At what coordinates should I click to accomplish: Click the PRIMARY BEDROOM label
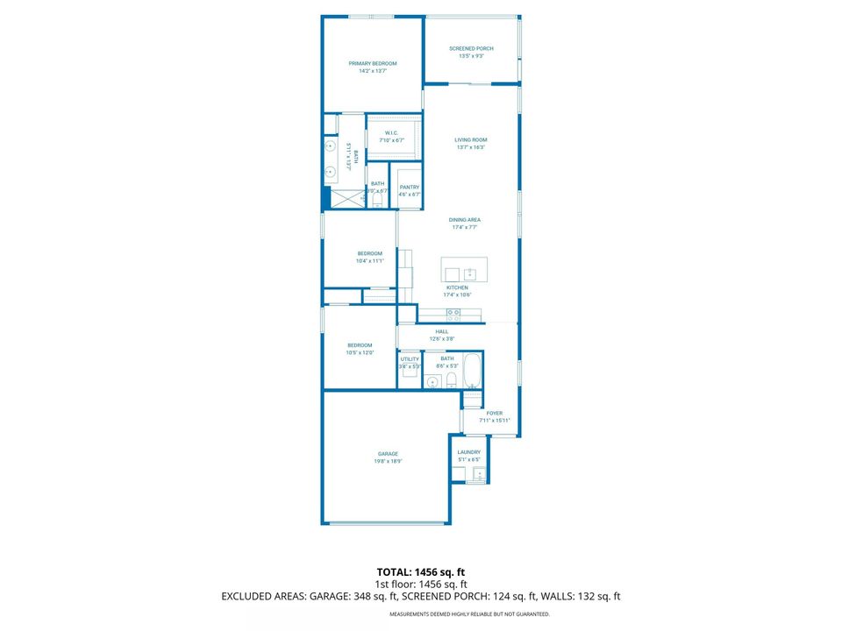coord(373,63)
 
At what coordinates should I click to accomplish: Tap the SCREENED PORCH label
coord(471,49)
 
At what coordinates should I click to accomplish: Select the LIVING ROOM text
coord(470,140)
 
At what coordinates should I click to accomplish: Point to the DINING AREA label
coord(465,220)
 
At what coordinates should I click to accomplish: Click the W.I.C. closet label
coord(391,133)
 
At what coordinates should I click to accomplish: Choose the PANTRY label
coord(409,187)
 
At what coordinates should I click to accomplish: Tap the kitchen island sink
coord(469,273)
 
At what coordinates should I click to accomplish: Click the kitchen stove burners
coord(453,313)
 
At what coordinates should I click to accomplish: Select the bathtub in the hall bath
coord(472,372)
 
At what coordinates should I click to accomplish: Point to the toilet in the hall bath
coord(452,379)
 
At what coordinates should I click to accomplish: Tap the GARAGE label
coord(388,453)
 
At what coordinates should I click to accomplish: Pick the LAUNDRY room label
coord(469,452)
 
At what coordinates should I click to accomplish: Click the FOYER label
coord(495,413)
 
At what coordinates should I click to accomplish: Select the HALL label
coord(441,331)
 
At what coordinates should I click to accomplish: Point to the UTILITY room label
coord(410,358)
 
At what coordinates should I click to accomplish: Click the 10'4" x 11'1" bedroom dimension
coord(370,260)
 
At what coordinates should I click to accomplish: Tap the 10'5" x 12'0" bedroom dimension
coord(360,352)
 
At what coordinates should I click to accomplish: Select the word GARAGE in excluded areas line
coord(332,596)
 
